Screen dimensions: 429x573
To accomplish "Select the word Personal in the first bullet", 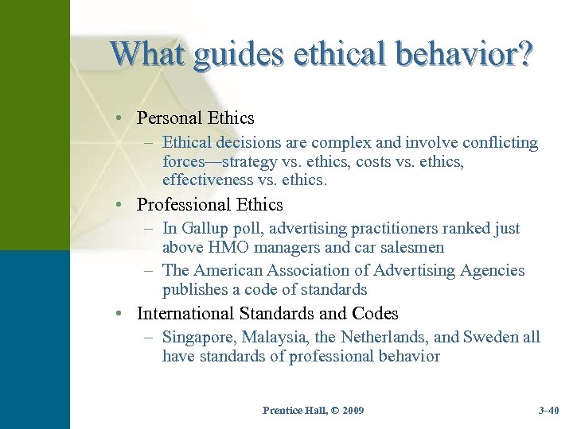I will click(169, 118).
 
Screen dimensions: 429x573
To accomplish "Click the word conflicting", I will click(497, 144).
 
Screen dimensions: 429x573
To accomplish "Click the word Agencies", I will click(491, 271).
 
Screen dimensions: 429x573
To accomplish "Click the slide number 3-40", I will click(548, 410).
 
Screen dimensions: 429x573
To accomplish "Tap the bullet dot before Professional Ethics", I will click(118, 205).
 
